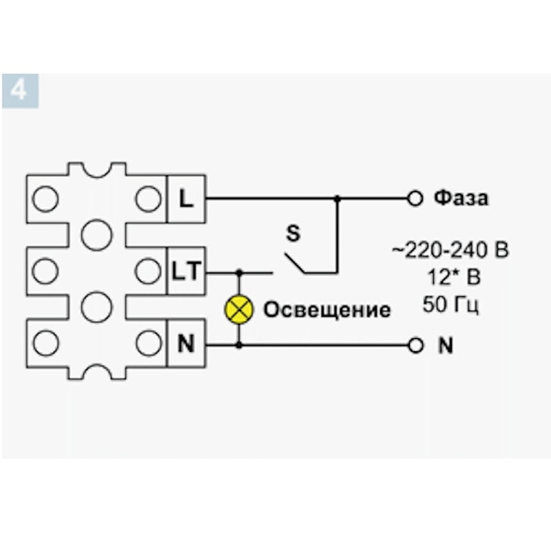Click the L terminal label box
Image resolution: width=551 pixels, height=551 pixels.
point(186,199)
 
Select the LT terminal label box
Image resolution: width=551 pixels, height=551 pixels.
point(186,271)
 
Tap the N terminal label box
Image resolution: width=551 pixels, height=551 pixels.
point(186,343)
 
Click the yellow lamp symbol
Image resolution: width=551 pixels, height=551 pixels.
point(240,309)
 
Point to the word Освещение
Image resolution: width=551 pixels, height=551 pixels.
point(327,310)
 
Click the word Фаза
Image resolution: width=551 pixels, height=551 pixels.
point(461,198)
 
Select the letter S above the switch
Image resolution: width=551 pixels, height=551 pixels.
point(293,234)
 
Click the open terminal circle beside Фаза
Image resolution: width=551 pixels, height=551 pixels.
point(415,198)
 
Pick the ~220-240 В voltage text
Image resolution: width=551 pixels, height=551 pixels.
point(450,250)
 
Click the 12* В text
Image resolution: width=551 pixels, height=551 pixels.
point(452,277)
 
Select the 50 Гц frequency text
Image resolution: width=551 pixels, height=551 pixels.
point(451,304)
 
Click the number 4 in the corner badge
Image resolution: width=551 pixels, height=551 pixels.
point(19,90)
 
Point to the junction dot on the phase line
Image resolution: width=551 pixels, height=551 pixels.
point(337,198)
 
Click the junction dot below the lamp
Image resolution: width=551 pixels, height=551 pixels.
point(240,344)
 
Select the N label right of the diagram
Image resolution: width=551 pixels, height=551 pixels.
point(446,345)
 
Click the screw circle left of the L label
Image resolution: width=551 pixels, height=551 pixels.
point(147,199)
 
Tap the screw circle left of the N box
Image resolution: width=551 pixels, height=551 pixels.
point(147,342)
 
